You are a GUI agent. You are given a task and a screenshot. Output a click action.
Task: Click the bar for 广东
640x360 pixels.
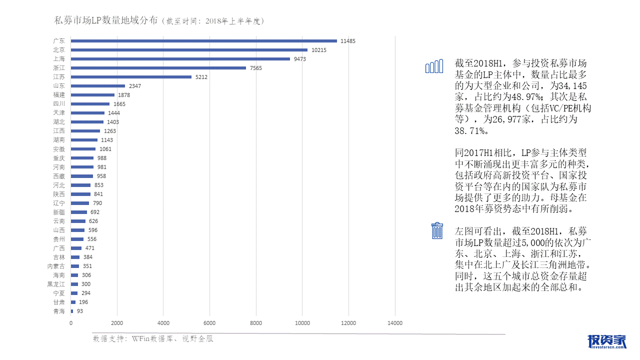coord(204,41)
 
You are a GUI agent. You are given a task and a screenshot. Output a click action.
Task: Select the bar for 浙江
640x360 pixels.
coord(158,68)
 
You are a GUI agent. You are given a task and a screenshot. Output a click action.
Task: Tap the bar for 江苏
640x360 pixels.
coord(131,77)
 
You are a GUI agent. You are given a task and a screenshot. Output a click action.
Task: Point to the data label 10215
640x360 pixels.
coord(319,50)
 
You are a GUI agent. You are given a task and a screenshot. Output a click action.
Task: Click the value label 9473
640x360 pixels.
coord(300,59)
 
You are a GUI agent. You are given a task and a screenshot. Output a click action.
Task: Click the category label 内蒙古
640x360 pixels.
coord(56,266)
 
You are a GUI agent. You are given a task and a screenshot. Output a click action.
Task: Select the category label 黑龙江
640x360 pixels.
coord(56,284)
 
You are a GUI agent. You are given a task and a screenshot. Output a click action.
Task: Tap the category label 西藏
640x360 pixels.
coord(59,176)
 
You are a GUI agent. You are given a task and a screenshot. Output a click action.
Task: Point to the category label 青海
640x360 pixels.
coord(59,311)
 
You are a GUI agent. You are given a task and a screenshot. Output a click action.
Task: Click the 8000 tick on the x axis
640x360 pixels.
coord(256,323)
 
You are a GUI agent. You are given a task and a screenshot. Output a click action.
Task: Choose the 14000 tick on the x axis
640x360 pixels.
coord(395,323)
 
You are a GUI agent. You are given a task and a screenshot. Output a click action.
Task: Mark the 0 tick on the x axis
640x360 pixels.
coord(71,323)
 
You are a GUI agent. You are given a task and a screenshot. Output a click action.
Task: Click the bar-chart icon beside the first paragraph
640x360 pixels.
coord(434,66)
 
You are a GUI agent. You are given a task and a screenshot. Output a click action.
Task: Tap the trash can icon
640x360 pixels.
coord(437,230)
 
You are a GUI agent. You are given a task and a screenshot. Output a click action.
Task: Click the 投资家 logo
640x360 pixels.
coord(606,341)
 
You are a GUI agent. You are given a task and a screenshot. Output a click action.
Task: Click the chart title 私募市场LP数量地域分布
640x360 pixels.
coord(106,20)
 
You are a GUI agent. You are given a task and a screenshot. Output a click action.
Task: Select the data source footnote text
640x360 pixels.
coord(153,338)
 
